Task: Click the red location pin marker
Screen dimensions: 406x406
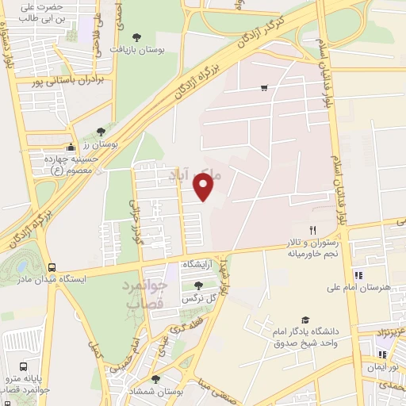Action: tap(205, 186)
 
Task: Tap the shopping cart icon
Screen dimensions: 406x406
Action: tap(263, 88)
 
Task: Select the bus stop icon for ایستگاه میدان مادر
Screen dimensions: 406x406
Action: tap(52, 267)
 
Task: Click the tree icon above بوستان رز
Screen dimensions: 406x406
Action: tap(100, 132)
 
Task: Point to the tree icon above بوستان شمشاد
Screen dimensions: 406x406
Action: tap(155, 379)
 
